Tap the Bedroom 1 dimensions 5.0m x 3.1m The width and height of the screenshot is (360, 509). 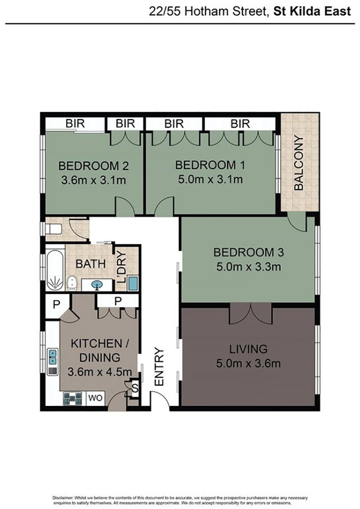tap(210, 179)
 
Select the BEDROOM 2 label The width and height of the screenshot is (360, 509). tap(94, 166)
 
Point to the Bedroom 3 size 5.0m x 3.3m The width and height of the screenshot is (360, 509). tap(248, 267)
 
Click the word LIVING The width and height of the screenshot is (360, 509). tap(248, 349)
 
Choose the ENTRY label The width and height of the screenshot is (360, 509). tap(159, 367)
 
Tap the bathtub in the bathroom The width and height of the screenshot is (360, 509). tap(54, 270)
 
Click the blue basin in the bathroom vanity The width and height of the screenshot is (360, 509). tap(96, 285)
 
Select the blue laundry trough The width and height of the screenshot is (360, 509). tap(133, 283)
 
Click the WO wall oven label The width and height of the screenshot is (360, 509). tap(95, 398)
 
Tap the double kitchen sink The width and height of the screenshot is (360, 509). tap(53, 357)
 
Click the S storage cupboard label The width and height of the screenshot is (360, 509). tap(135, 388)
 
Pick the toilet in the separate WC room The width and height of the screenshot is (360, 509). tap(54, 230)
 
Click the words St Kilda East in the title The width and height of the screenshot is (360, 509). tap(312, 12)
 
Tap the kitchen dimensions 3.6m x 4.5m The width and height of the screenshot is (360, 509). tap(99, 372)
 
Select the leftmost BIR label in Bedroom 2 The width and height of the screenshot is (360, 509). tap(75, 124)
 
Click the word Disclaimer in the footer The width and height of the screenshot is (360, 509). tap(63, 498)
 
